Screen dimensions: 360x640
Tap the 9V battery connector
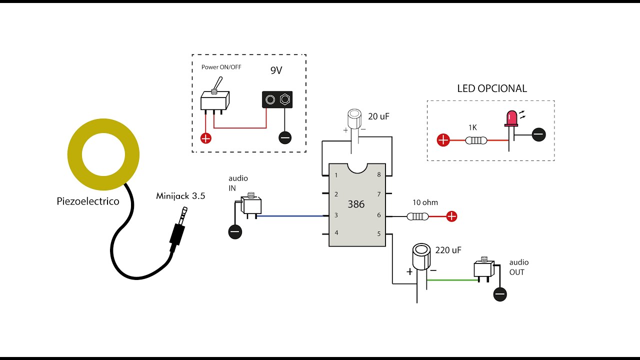click(x=277, y=99)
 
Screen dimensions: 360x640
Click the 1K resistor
click(x=475, y=140)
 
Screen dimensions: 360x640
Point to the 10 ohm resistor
click(x=417, y=216)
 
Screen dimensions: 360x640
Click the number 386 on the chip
click(x=356, y=204)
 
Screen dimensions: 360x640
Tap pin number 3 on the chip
click(x=336, y=215)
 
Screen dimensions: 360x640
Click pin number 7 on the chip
click(x=378, y=194)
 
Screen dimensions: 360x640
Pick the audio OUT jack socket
click(x=483, y=269)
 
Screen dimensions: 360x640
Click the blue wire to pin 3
click(x=290, y=216)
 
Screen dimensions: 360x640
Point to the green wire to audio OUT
click(x=450, y=280)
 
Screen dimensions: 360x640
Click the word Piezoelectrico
click(x=88, y=201)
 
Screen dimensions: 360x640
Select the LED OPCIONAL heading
click(x=492, y=88)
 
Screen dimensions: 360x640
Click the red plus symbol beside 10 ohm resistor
click(x=451, y=216)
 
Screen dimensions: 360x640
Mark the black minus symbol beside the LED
click(x=538, y=134)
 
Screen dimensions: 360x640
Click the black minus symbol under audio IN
click(x=234, y=232)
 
